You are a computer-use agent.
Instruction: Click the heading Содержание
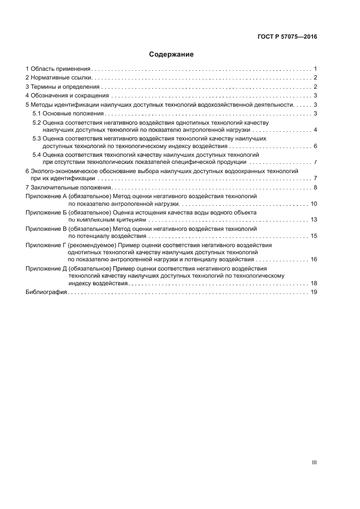(172, 54)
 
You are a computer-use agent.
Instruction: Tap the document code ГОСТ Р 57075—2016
(287, 37)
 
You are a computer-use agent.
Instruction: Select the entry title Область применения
(60, 69)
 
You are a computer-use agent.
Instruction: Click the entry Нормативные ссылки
(60, 78)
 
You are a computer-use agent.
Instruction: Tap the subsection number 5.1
(37, 113)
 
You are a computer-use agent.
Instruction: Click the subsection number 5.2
(37, 123)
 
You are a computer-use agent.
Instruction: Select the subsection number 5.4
(37, 155)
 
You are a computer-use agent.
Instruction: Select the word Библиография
(46, 292)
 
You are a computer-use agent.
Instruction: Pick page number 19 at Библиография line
(314, 292)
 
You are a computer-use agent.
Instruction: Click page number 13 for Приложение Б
(314, 219)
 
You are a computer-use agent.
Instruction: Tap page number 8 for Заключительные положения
(315, 187)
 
